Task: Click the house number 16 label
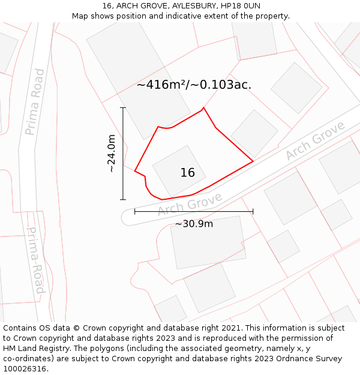[x=187, y=173]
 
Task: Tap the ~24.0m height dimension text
[x=112, y=154]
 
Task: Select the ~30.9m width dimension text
[x=194, y=224]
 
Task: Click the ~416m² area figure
[x=161, y=85]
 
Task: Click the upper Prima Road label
[x=35, y=101]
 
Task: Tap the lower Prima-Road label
[x=36, y=260]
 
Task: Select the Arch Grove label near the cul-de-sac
[x=190, y=204]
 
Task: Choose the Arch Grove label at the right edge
[x=315, y=141]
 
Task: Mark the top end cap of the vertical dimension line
[x=123, y=108]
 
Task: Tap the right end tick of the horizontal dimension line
[x=253, y=211]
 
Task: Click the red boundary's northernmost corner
[x=203, y=108]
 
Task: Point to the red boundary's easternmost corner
[x=253, y=161]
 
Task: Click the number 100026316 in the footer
[x=24, y=369]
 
